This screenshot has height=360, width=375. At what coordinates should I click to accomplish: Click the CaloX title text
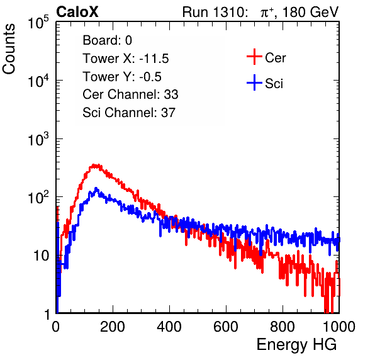click(77, 12)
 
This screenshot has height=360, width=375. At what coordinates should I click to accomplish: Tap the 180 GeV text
click(310, 12)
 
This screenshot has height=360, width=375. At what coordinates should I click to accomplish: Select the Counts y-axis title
click(9, 49)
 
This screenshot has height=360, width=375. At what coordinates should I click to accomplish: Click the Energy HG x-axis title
click(296, 345)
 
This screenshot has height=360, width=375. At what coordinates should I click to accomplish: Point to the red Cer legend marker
click(254, 57)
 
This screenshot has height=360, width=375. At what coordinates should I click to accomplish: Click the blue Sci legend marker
click(254, 83)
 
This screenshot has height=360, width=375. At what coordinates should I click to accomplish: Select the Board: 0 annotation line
click(107, 40)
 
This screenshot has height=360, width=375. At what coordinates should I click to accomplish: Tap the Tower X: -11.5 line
click(126, 59)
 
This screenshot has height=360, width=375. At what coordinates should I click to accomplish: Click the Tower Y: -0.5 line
click(122, 77)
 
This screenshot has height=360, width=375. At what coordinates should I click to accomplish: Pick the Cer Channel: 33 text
click(130, 94)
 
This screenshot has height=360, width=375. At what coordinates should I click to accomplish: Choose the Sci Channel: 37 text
click(129, 113)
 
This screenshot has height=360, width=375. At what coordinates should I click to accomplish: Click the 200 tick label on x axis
click(113, 327)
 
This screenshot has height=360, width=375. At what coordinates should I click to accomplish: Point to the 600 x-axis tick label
click(226, 327)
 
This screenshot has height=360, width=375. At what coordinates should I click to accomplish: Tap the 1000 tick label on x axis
click(339, 327)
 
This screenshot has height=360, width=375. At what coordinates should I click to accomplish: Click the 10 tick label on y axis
click(41, 256)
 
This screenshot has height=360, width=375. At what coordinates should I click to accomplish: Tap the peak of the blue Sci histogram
click(96, 189)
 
